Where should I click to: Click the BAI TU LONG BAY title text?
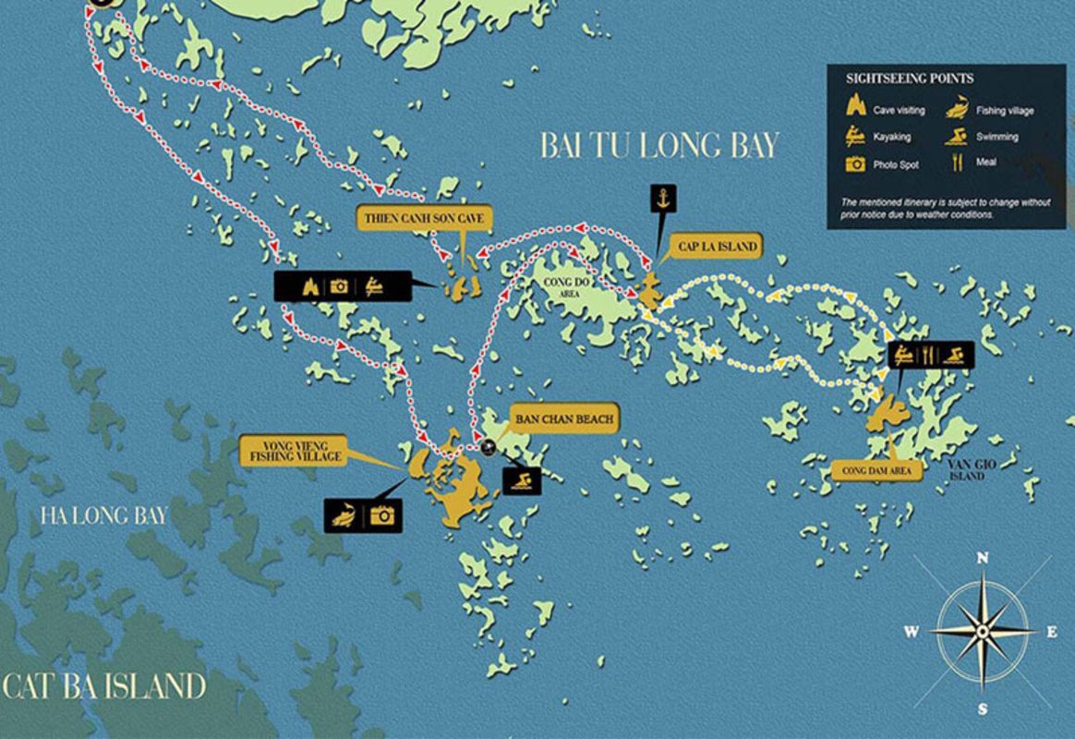pos(659,145)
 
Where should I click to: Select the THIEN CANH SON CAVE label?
pos(425,218)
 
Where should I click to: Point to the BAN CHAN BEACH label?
pos(564,419)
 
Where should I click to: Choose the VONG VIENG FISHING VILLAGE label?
pos(293,450)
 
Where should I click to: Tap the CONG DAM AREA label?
pos(876,470)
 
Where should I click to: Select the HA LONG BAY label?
pos(103,515)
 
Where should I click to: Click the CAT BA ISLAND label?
pos(103,686)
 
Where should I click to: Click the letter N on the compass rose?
pos(983,558)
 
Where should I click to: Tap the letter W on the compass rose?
pos(912,632)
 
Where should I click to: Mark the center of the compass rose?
pos(983,632)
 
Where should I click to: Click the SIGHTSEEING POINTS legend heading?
pos(910,79)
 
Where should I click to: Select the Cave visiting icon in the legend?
pos(855,107)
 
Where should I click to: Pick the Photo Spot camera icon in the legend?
pos(856,164)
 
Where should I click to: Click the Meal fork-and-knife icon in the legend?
pos(957,163)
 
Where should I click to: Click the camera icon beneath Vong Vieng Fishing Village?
pos(381,515)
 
